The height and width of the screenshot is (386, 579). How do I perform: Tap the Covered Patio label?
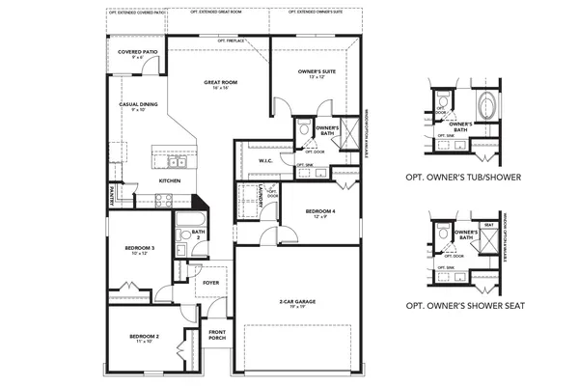tap(137, 54)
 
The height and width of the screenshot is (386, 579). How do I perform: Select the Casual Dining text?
tap(137, 105)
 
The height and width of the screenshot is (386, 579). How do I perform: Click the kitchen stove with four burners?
tap(163, 201)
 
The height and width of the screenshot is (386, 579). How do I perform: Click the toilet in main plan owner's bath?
tap(302, 128)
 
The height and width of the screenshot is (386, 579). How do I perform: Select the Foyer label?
tap(210, 283)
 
